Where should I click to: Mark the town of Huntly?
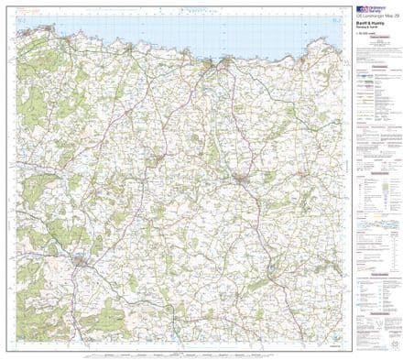pos(83,262)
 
